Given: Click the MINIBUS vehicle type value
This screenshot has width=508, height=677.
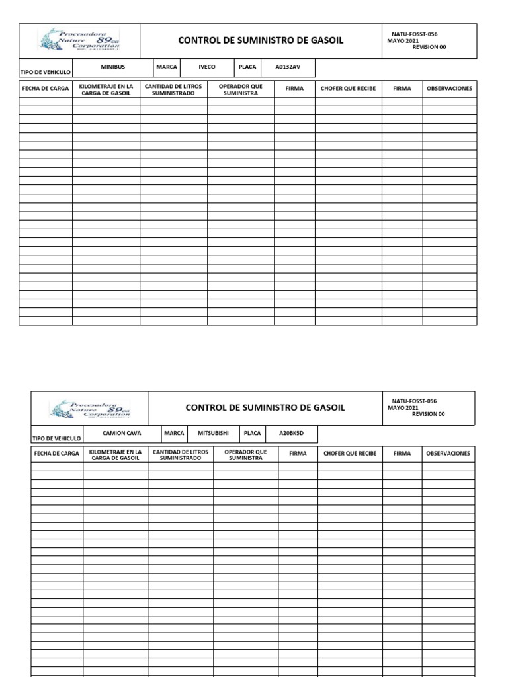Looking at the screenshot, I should pos(112,67).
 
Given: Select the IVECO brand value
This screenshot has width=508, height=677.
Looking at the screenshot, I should pos(207,67).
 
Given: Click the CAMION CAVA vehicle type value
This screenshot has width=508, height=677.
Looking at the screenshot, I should pos(122,434).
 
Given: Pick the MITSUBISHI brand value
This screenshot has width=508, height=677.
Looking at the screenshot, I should pos(213,434).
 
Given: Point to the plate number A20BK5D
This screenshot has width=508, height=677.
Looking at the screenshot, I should pos(289,434).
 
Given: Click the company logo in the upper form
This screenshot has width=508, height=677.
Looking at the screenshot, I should pos(79,40).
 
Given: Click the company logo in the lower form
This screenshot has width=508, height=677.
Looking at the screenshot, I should pos(90,408).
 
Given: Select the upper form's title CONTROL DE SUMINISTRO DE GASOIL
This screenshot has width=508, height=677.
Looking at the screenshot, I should pos(261,41).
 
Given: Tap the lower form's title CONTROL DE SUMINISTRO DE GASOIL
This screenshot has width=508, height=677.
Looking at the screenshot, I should pos(265,408).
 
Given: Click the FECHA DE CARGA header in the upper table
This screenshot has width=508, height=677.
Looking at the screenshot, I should pos(46,89).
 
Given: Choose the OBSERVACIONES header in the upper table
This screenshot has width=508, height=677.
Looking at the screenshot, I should pos(450,89).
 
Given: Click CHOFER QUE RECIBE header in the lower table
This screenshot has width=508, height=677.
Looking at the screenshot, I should pos(350,454).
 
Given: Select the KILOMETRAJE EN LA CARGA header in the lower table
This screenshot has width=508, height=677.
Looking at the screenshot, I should pos(114,455).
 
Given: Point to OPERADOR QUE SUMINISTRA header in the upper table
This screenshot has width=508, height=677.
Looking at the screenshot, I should pos(241,89).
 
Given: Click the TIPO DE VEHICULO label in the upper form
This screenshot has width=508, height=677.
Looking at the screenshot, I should pos(46,72).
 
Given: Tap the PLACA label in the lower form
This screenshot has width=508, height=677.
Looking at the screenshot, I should pos(252,434).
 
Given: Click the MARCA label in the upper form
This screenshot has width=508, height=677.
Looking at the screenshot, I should pos(166,67).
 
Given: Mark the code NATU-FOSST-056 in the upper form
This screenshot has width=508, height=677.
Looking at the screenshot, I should pos(415,34).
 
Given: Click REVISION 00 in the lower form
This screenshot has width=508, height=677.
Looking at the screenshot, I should pos(428,415).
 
